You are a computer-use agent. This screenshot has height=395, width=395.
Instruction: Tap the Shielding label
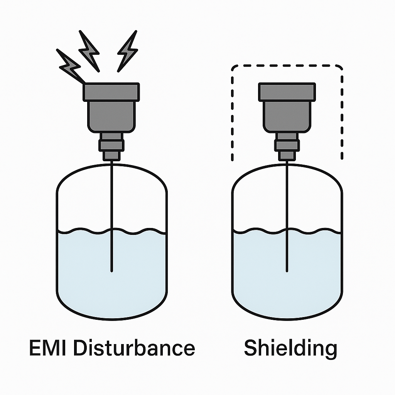[x=290, y=348]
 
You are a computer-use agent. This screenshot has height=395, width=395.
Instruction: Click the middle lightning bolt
[x=89, y=51]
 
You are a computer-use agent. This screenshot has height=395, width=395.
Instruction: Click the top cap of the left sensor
[x=111, y=92]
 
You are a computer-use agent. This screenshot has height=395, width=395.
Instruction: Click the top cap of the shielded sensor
[x=287, y=92]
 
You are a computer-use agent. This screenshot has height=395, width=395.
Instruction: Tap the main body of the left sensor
[x=111, y=116]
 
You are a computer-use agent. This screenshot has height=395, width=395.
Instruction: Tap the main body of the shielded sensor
[x=287, y=116]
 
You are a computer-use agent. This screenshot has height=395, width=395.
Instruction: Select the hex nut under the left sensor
[x=111, y=145]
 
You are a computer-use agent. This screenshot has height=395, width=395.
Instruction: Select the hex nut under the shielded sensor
[x=287, y=145]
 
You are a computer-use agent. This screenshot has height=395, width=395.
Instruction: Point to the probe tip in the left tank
[x=111, y=270]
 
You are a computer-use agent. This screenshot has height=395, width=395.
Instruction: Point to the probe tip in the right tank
[x=287, y=270]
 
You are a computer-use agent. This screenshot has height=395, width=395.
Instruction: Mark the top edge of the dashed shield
[x=287, y=65]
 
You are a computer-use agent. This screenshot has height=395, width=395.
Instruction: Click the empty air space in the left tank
[x=85, y=201]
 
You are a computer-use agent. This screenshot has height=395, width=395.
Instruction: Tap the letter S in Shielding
[x=251, y=348]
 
